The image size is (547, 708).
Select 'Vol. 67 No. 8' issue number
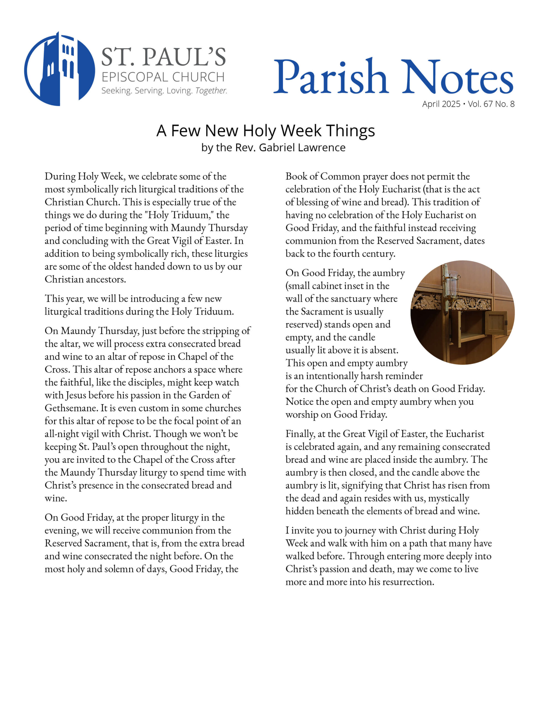tap(491, 104)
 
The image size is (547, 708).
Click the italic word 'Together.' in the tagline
tap(211, 91)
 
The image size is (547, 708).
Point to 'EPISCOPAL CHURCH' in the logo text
tap(163, 77)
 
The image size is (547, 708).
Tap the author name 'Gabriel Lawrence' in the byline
tap(302, 147)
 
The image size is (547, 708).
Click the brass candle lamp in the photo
tap(451, 285)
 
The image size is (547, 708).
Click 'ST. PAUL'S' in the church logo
tap(163, 57)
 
